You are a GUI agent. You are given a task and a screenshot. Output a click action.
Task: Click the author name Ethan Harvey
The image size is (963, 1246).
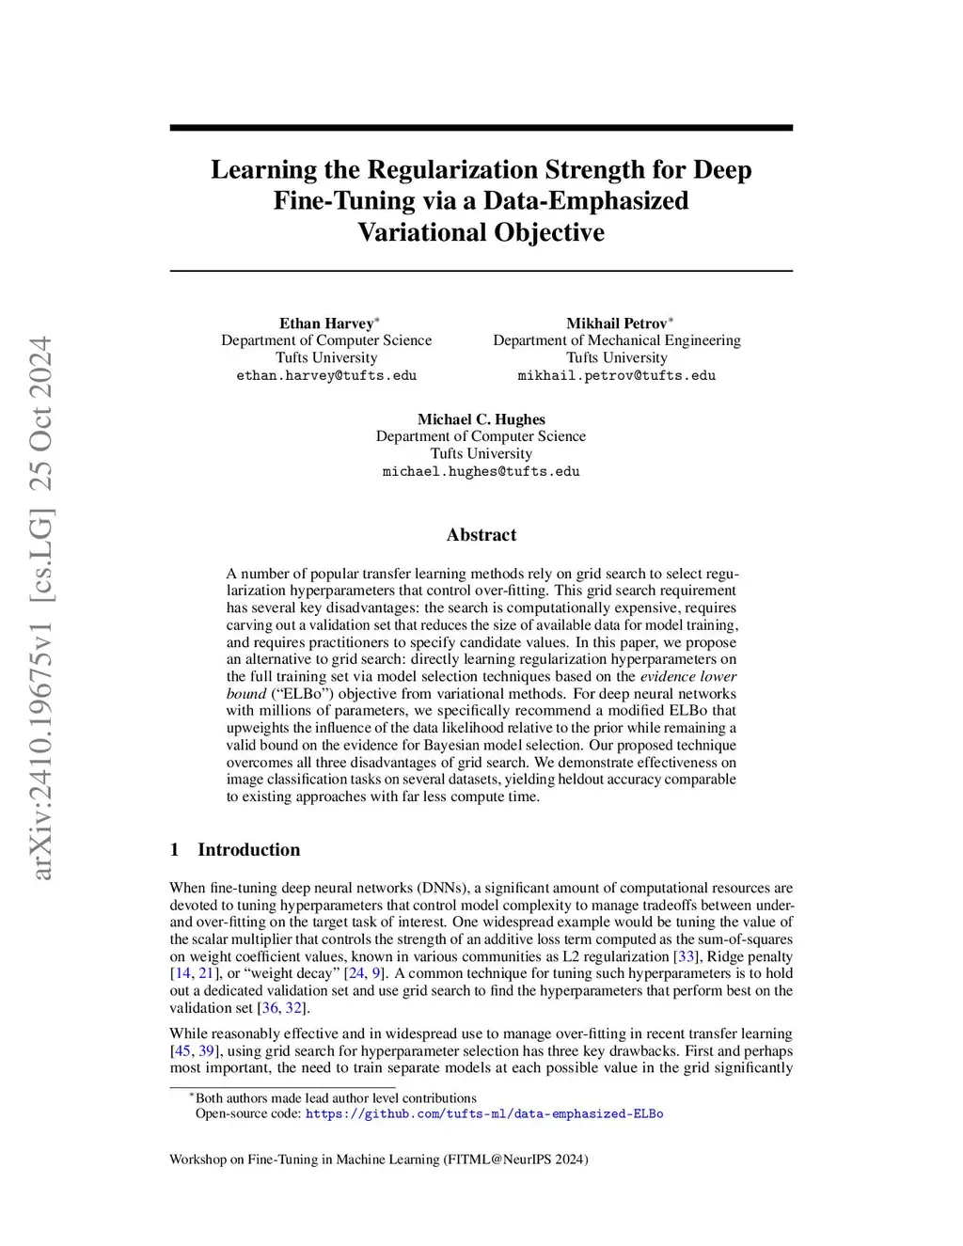pos(325,323)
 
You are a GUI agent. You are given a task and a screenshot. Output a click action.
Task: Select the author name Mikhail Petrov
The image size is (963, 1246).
pos(616,323)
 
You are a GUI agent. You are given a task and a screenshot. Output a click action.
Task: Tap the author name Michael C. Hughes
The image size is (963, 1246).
pos(481,419)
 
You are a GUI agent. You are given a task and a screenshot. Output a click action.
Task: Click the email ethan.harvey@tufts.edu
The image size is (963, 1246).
pos(326,375)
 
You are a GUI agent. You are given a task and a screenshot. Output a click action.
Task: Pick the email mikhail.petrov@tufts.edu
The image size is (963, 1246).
pos(616,375)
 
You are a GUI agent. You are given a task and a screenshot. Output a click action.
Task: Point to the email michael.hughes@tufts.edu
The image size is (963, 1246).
pos(481,471)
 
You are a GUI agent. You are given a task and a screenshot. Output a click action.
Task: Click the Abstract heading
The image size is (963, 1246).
pos(481,535)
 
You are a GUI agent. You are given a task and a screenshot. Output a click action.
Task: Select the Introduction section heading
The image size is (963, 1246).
pos(248,850)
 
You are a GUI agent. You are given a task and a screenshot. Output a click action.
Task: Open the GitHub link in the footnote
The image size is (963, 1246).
pos(484,1114)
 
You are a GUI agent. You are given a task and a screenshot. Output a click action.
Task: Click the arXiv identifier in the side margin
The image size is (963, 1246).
pos(42,607)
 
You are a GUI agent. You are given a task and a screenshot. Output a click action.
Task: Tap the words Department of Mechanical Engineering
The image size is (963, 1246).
pos(616,340)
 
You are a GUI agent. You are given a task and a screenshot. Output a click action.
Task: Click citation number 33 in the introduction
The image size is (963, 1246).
pos(685,956)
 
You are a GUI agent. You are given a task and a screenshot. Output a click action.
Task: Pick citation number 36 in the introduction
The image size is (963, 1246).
pos(270,1008)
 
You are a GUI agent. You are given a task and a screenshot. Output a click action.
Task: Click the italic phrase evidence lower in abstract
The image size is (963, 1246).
pos(688,676)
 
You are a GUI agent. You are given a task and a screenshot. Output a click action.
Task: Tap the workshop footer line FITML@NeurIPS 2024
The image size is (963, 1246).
pos(378,1159)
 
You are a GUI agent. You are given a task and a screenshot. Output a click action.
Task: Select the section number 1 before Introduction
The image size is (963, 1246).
pos(175,850)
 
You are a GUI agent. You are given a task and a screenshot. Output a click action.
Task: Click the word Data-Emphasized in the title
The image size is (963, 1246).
pos(586,201)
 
